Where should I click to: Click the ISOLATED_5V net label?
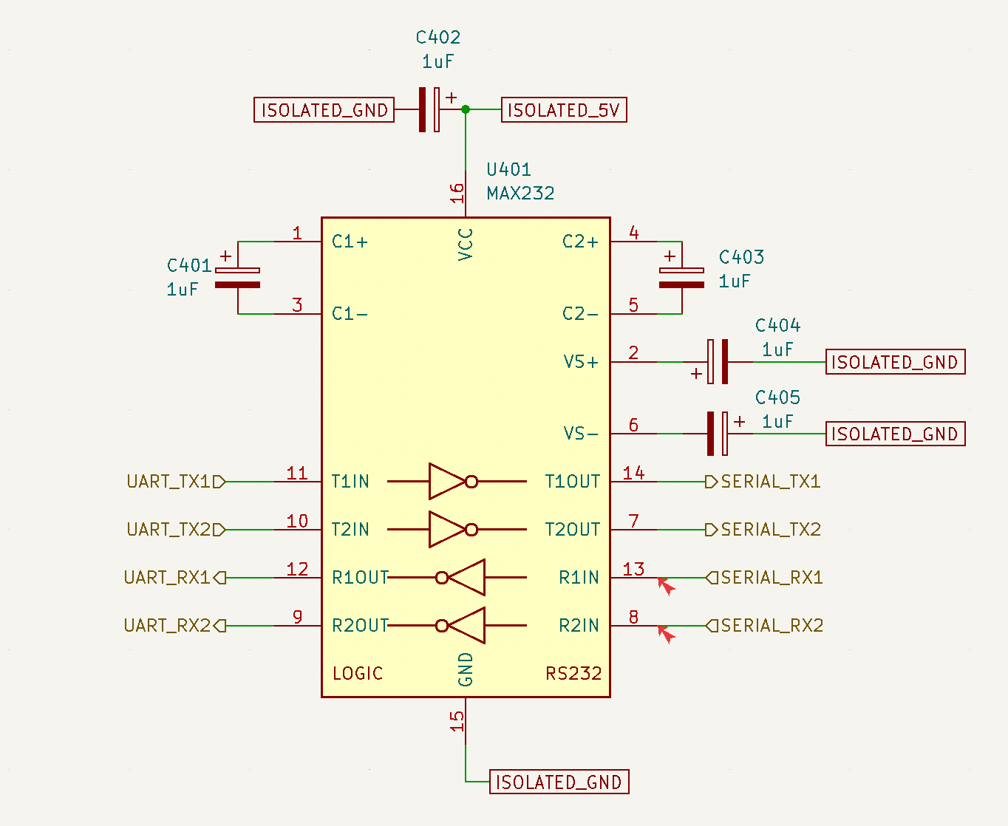564,110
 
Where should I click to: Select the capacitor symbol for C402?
429,109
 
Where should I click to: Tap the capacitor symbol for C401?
237,278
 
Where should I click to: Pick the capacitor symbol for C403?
681,278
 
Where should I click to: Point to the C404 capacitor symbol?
718,361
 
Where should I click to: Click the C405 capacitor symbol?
718,434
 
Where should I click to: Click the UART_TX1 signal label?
176,482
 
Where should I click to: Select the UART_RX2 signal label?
174,625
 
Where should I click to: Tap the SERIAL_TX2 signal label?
763,529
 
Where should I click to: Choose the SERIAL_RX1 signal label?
764,578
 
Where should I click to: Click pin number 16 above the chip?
457,193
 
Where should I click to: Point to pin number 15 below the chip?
457,721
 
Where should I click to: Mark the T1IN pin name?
350,482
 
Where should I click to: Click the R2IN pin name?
579,625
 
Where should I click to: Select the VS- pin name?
581,434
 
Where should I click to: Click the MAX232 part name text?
520,194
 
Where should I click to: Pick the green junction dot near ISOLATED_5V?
466,109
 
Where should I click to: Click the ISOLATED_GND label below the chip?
559,782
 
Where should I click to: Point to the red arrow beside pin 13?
666,586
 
